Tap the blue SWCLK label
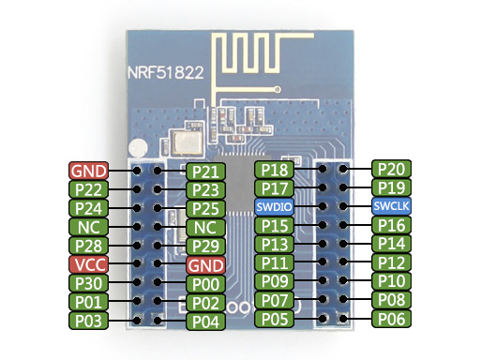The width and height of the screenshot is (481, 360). pyautogui.click(x=391, y=206)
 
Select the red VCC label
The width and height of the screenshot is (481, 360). pyautogui.click(x=89, y=264)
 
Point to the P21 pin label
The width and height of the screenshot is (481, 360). pyautogui.click(x=204, y=171)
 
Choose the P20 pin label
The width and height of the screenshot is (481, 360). pyautogui.click(x=391, y=169)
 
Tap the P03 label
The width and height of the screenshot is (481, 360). pyautogui.click(x=89, y=321)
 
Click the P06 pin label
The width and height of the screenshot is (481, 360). pyautogui.click(x=391, y=319)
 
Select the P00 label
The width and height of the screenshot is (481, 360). pyautogui.click(x=204, y=284)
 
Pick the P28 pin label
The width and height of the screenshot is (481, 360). pyautogui.click(x=89, y=246)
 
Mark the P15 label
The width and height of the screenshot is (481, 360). pyautogui.click(x=274, y=226)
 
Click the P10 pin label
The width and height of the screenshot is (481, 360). pyautogui.click(x=391, y=281)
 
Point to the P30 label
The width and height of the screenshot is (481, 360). pyautogui.click(x=89, y=283)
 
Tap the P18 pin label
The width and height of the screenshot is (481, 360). pyautogui.click(x=274, y=170)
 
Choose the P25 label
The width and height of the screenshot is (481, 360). pyautogui.click(x=204, y=208)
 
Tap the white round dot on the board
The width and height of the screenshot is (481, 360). pyautogui.click(x=141, y=148)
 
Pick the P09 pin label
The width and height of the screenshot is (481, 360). pyautogui.click(x=274, y=281)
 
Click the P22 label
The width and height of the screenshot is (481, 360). pyautogui.click(x=89, y=188)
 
